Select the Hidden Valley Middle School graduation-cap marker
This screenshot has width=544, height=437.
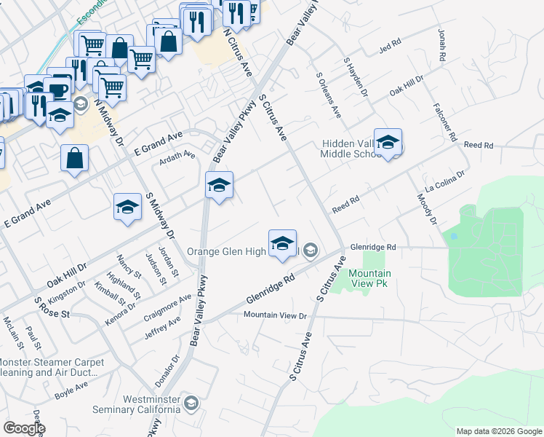coord(388,143)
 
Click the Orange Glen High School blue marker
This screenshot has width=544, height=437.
coord(282,243)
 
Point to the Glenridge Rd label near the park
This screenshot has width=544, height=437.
coord(372,248)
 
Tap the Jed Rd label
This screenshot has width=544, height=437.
coord(390,49)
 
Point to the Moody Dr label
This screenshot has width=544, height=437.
coord(425,208)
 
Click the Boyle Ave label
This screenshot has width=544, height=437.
coord(71,392)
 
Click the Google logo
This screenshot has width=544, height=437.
coord(24,428)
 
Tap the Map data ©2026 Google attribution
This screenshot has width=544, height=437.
coord(498,431)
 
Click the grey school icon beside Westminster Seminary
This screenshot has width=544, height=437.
coord(191,403)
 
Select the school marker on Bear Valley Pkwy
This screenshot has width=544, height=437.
coord(219,186)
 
